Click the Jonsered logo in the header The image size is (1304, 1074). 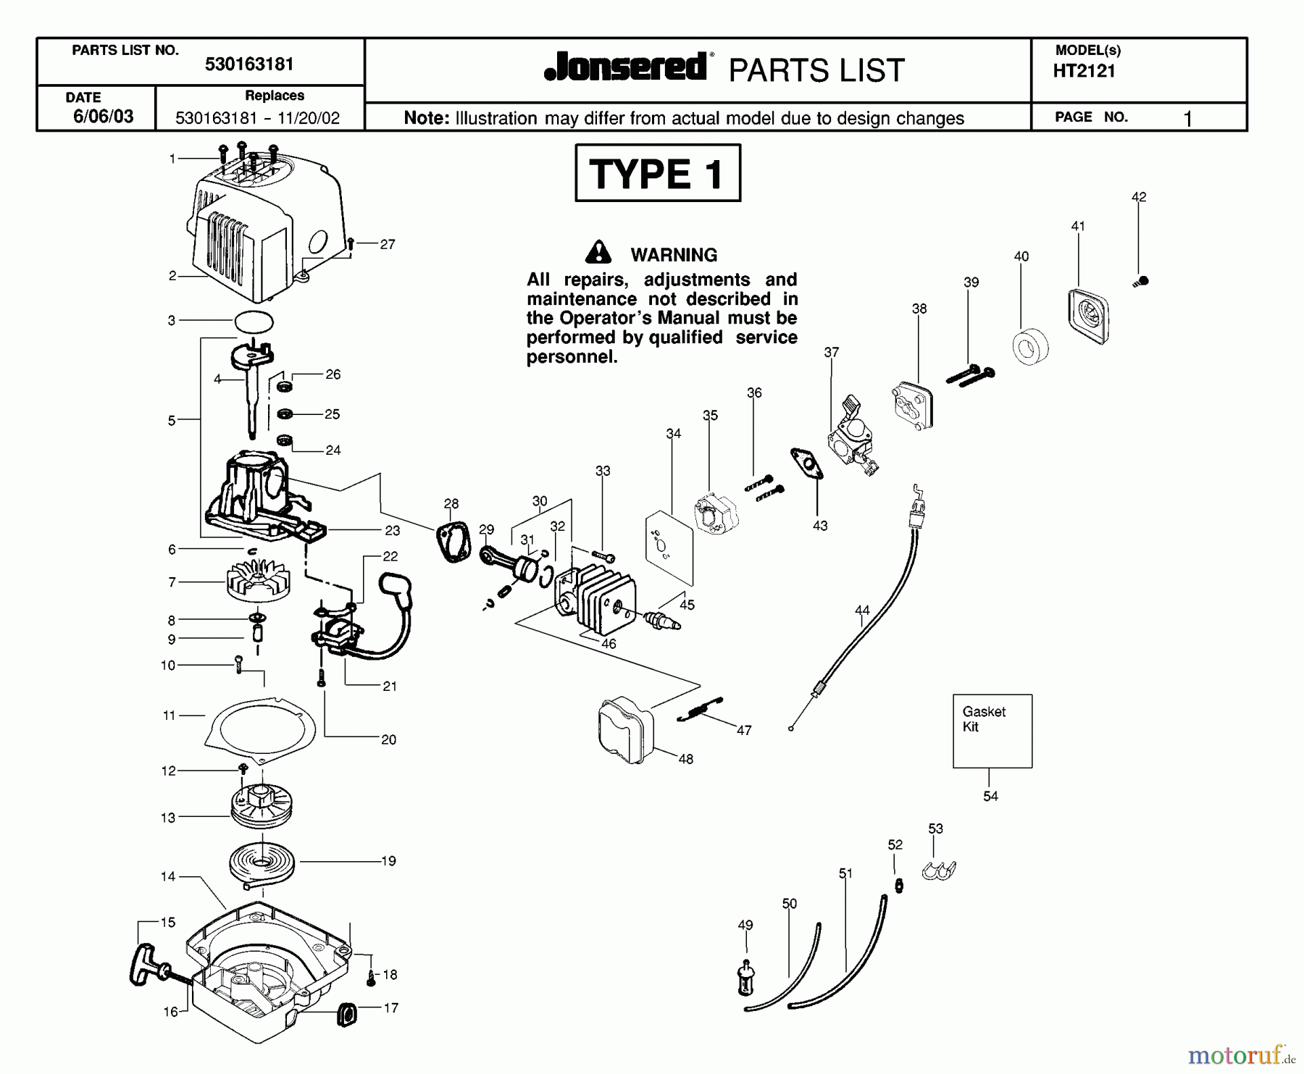click(626, 67)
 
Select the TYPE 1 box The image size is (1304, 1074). click(657, 173)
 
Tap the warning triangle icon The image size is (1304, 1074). click(598, 252)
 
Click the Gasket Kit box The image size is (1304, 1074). click(992, 731)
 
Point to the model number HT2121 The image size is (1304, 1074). click(1084, 71)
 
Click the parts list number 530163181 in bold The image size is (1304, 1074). click(249, 64)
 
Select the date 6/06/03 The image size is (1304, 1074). click(103, 117)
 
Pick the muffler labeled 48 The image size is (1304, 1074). click(626, 730)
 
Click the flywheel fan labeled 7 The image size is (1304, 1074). click(259, 581)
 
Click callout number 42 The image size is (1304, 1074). click(1138, 197)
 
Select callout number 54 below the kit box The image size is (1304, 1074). click(990, 796)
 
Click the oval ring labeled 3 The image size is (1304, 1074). click(254, 321)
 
